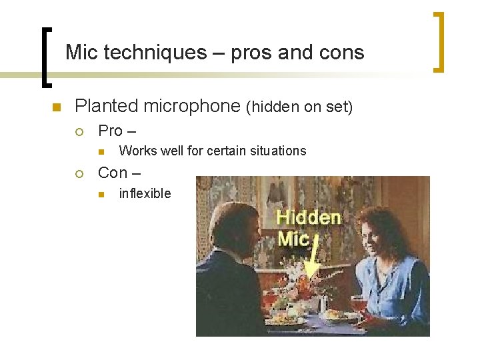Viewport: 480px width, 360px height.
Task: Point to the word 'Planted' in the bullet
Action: coord(107,106)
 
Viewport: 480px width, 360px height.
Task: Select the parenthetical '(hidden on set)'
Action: coord(299,107)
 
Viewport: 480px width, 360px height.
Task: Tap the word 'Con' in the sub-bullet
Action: coord(113,173)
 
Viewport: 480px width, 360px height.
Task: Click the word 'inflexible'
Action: coord(145,194)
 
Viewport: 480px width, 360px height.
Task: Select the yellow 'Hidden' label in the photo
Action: coord(308,217)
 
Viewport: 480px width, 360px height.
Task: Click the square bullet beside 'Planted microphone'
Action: coord(56,107)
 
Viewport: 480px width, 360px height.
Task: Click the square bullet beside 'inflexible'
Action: coord(101,195)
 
